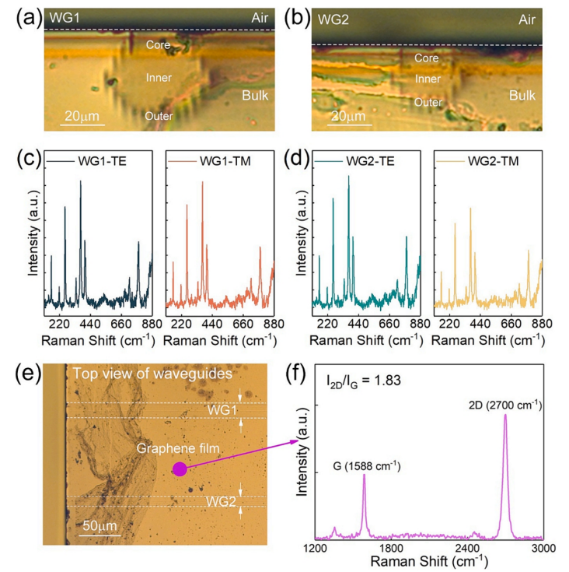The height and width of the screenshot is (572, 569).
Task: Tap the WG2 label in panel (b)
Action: [330, 16]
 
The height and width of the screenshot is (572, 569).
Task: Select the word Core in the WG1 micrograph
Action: [159, 45]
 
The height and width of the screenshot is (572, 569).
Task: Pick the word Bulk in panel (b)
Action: [525, 95]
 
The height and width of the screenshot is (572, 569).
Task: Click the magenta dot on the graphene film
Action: [180, 468]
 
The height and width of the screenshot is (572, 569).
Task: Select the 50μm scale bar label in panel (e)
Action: [99, 526]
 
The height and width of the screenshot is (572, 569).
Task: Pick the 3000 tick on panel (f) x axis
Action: [543, 549]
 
